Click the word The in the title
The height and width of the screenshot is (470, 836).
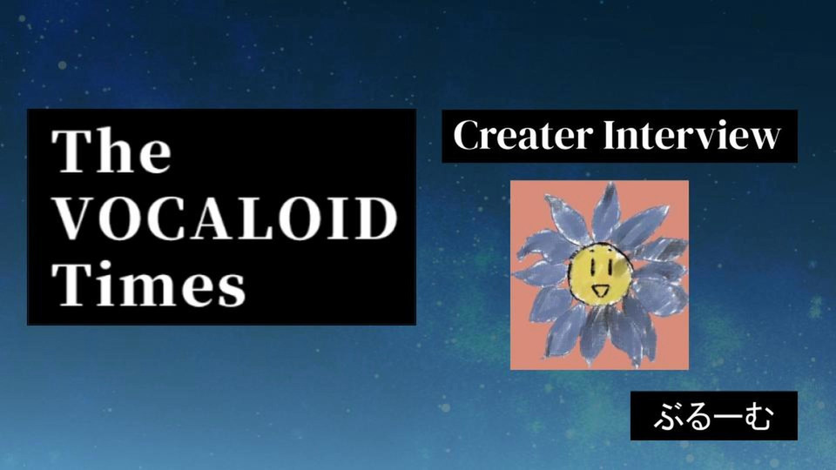[x=111, y=151]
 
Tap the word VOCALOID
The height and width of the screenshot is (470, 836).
[x=226, y=218]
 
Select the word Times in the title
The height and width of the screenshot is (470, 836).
[x=149, y=284]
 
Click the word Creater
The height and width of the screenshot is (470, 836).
[x=522, y=136]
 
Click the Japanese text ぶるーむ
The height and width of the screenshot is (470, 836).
[x=713, y=416]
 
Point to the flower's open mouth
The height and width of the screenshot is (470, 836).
[x=600, y=291]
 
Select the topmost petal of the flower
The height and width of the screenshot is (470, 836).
[x=607, y=211]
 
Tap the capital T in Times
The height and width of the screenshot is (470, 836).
[x=72, y=284]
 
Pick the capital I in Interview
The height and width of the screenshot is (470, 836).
[x=611, y=136]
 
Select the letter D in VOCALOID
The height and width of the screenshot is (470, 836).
[x=376, y=218]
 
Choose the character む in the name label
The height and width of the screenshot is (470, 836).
[x=759, y=416]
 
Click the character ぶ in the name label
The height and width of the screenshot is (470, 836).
[x=668, y=416]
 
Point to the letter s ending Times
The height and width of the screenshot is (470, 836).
[x=232, y=291]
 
